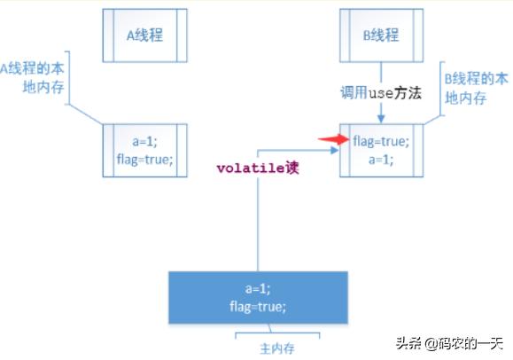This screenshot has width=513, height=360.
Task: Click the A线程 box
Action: point(145,35)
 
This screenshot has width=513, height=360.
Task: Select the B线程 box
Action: point(382,35)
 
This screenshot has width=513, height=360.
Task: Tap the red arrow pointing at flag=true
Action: point(334,139)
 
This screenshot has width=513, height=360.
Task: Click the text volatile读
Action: point(258,168)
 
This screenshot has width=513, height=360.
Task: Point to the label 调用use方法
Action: point(381,93)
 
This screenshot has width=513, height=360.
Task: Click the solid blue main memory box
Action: point(258,297)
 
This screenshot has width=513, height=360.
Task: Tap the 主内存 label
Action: point(277,348)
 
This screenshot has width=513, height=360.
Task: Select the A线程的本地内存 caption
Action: point(32,78)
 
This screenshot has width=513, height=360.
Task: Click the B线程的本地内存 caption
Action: point(476,89)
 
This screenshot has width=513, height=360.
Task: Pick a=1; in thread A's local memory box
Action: point(145,142)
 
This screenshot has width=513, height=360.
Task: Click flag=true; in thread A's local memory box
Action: point(145,160)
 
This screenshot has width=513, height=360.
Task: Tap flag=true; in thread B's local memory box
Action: point(381,142)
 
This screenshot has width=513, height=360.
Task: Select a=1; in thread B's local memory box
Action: point(381,160)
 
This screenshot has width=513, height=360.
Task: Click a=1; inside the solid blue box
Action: point(258,288)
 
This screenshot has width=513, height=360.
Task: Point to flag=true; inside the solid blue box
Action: point(258,307)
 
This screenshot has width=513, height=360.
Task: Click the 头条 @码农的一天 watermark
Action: point(449,344)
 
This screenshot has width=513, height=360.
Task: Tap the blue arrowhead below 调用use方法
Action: point(381,119)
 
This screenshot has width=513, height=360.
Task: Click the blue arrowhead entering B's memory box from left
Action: point(335,151)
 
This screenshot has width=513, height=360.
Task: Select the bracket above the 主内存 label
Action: point(277,333)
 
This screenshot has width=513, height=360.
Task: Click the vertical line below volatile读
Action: point(258,224)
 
